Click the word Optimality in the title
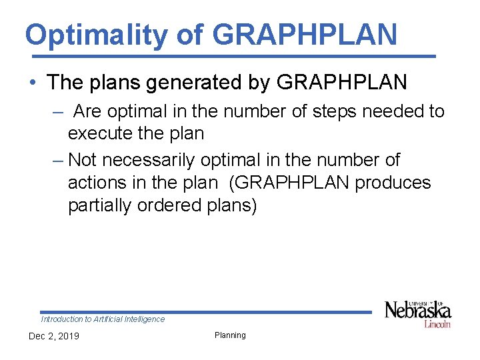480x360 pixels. click(x=97, y=35)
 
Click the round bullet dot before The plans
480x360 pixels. click(x=32, y=83)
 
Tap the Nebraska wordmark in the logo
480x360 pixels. click(x=418, y=311)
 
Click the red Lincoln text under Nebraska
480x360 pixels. click(x=437, y=323)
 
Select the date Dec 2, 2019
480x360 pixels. click(x=53, y=336)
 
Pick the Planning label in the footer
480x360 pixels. click(x=230, y=335)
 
